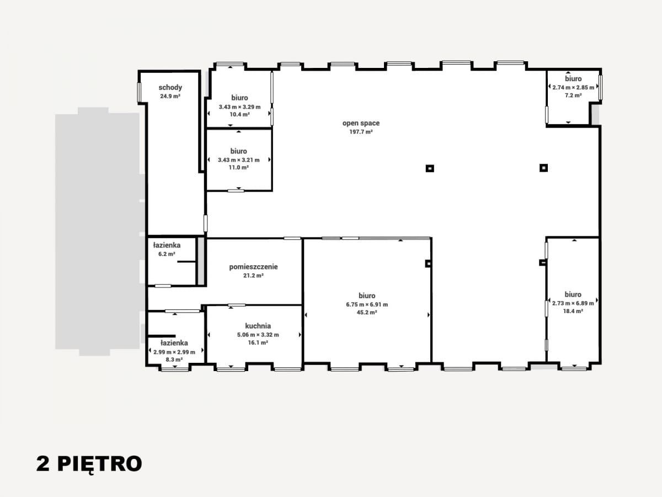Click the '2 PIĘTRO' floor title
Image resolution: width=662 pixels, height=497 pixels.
[x=89, y=464]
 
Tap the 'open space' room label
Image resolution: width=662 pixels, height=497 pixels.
[x=361, y=123]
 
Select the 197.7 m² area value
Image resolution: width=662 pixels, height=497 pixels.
[x=361, y=132]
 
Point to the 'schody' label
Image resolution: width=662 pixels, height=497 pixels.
[x=170, y=87]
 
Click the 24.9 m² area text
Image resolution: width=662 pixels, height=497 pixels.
[x=170, y=96]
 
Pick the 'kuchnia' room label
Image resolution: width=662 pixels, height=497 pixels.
[x=258, y=326]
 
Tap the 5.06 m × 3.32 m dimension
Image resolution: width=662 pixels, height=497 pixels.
[x=258, y=335]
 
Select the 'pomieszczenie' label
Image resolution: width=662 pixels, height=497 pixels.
[x=253, y=267]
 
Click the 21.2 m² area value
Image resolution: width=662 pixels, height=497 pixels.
[x=253, y=276]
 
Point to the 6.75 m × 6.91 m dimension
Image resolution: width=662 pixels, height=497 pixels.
[x=367, y=304]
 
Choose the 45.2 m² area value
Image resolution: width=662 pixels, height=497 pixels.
[x=367, y=313]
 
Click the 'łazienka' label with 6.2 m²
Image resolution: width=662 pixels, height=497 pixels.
[x=167, y=245]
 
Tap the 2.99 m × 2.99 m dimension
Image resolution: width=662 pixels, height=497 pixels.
[x=174, y=352]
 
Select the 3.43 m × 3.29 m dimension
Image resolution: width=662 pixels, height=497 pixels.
[x=239, y=107]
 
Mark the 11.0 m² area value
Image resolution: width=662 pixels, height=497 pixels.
[x=238, y=167]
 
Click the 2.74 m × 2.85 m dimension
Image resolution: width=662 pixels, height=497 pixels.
[x=573, y=87]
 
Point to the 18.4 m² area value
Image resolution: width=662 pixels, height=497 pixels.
[x=573, y=311]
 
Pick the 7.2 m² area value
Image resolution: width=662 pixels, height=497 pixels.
[x=573, y=96]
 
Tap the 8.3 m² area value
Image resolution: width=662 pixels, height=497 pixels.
[x=174, y=359]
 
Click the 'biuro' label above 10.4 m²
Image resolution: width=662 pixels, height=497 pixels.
[x=239, y=98]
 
